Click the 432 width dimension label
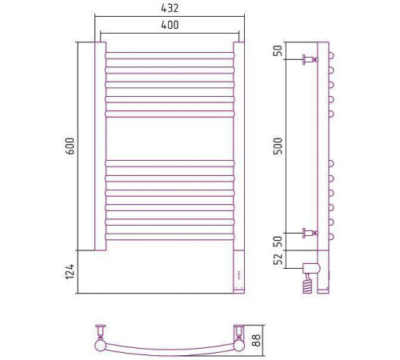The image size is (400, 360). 170,8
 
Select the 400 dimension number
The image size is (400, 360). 170,25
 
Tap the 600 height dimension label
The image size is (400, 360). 70,146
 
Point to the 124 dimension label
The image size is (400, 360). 70,272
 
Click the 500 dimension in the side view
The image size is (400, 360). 278,146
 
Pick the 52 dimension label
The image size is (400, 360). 278,259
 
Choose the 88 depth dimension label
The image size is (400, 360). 257,340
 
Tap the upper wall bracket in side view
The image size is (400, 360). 310,59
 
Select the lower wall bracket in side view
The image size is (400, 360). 310,233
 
